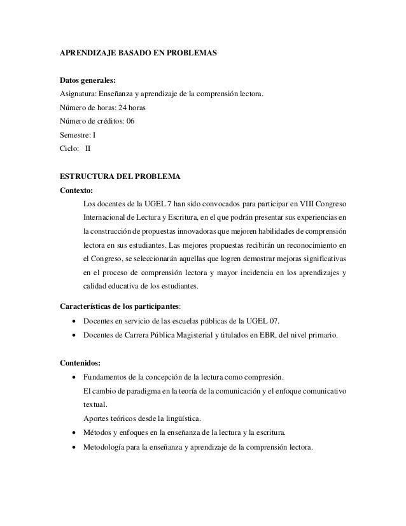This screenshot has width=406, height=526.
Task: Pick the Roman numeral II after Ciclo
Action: pos(88,148)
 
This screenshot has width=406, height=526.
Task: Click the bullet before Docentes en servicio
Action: pos(76,320)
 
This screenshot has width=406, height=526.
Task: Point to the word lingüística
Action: pos(181,418)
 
